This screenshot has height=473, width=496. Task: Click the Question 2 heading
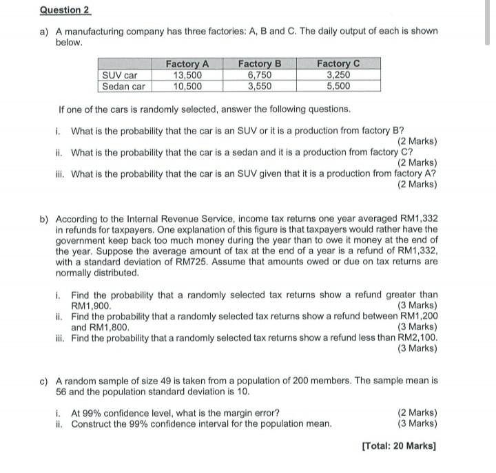[x=65, y=10]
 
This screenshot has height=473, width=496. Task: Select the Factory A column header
[x=187, y=64]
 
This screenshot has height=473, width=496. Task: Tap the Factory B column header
[x=260, y=64]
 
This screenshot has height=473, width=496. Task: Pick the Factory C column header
[x=338, y=64]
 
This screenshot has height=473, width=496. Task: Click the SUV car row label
[x=120, y=75]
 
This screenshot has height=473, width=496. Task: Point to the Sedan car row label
[x=124, y=86]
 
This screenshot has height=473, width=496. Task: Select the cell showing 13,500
[x=187, y=75]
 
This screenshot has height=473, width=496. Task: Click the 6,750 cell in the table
[x=260, y=75]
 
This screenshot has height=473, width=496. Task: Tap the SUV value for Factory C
[x=338, y=75]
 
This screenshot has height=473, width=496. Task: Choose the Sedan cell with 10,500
[x=187, y=86]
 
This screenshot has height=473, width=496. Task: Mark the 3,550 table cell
[x=260, y=86]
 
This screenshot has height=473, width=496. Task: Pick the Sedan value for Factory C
[x=338, y=86]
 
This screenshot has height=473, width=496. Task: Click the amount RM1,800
[x=110, y=326]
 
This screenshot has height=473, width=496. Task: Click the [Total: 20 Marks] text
[x=399, y=445]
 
